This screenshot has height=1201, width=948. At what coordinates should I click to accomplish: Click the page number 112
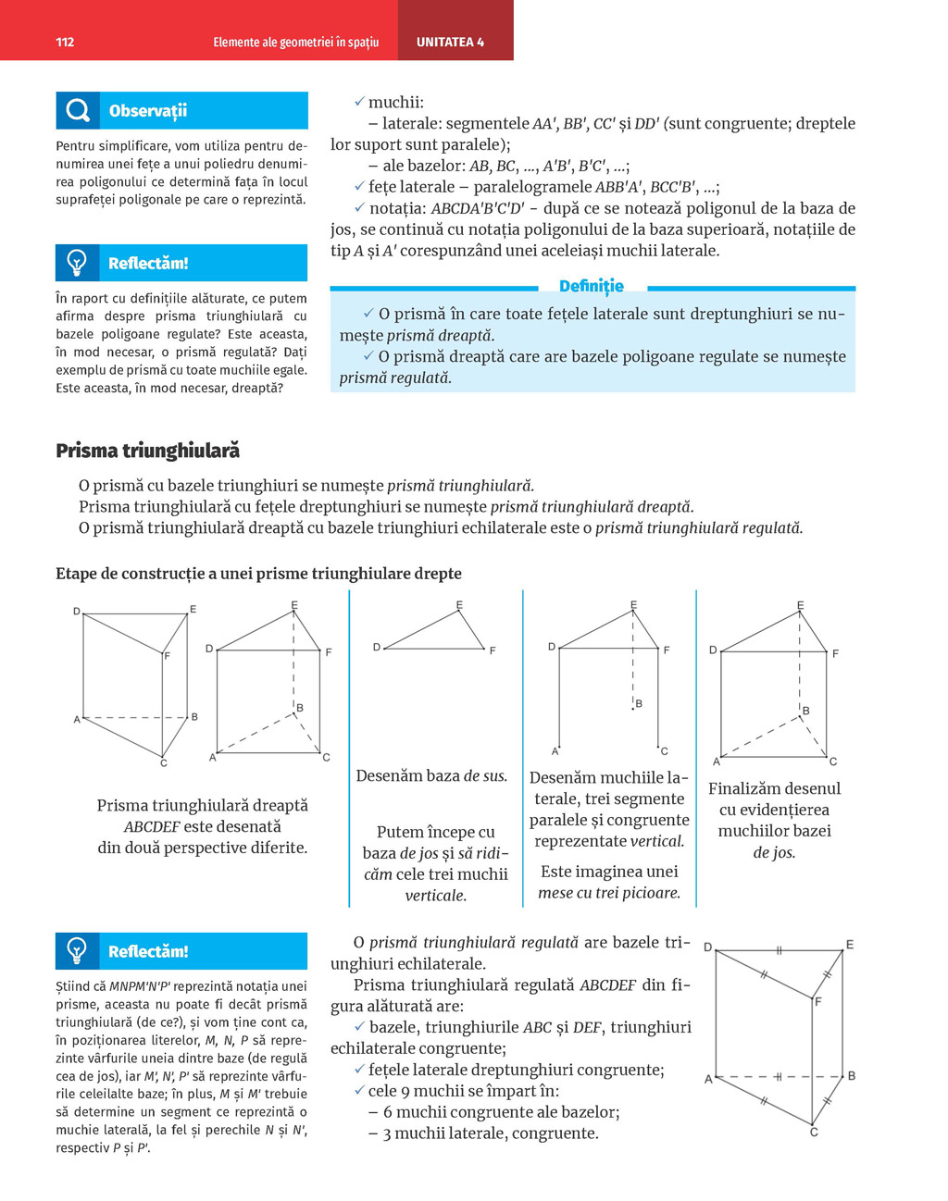click(x=65, y=43)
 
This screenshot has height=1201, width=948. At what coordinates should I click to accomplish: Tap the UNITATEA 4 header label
click(x=450, y=43)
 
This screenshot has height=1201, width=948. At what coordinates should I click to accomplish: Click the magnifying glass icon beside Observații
click(x=78, y=111)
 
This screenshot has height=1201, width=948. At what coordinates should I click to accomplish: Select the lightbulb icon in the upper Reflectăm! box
click(x=77, y=263)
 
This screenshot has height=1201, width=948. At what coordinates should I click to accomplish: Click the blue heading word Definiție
click(x=592, y=286)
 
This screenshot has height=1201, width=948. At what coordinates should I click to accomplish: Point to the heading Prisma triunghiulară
click(x=147, y=451)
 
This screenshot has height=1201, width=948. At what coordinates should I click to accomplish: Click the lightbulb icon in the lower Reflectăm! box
click(x=77, y=950)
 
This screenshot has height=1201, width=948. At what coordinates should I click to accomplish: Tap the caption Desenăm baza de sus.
click(x=431, y=776)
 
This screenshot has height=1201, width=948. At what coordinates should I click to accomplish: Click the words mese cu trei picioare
click(x=609, y=893)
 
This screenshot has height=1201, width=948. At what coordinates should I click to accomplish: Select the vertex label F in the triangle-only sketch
click(x=493, y=650)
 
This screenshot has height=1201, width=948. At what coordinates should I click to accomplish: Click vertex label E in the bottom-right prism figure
click(x=850, y=945)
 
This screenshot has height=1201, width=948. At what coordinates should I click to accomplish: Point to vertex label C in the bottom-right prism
click(x=814, y=1132)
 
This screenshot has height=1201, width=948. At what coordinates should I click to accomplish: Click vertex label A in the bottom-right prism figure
click(x=708, y=1079)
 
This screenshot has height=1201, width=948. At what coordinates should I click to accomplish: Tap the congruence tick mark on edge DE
click(x=780, y=950)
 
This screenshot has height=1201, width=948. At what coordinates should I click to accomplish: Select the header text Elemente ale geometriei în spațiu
click(x=295, y=43)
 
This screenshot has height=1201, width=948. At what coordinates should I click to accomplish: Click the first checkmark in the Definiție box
click(x=368, y=314)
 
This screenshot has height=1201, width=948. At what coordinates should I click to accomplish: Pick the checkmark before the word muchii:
click(x=359, y=102)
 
